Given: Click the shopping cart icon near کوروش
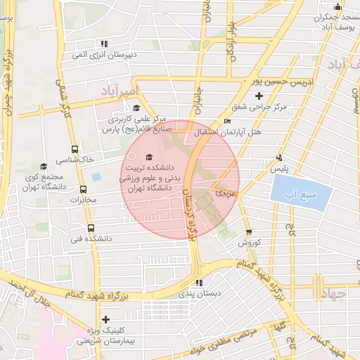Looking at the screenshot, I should (249, 232).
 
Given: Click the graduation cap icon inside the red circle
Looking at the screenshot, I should (148, 157).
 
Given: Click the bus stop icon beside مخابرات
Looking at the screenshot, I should (84, 189).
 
